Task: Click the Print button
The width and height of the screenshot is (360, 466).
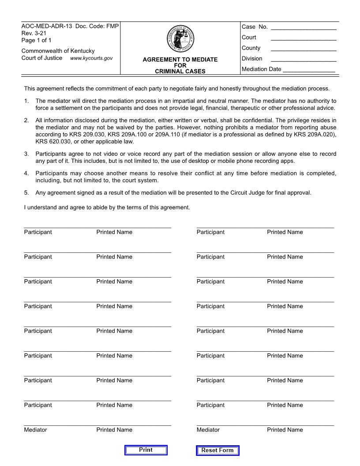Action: [x=146, y=450]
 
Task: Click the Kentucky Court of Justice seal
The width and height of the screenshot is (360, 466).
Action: [x=180, y=39]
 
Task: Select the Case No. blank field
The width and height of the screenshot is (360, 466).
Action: [x=304, y=27]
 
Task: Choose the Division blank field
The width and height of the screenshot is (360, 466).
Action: [x=304, y=59]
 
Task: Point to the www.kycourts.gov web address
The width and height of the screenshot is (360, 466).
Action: [x=91, y=58]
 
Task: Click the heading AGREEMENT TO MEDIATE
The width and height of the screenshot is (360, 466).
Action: [x=180, y=60]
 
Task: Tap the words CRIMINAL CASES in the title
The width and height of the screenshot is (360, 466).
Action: [x=180, y=71]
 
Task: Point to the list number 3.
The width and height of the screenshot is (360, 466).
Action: [x=26, y=154]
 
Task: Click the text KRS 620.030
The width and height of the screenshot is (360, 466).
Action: [x=52, y=142]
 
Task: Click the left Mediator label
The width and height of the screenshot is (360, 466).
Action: [x=36, y=430]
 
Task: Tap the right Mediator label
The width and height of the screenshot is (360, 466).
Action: [x=208, y=430]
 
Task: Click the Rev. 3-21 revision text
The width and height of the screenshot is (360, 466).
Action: [x=34, y=34]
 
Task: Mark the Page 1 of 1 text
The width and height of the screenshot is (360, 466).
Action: [x=37, y=40]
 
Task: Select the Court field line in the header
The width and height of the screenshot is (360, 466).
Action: [x=304, y=38]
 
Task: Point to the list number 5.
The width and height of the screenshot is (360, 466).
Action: [x=26, y=192]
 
